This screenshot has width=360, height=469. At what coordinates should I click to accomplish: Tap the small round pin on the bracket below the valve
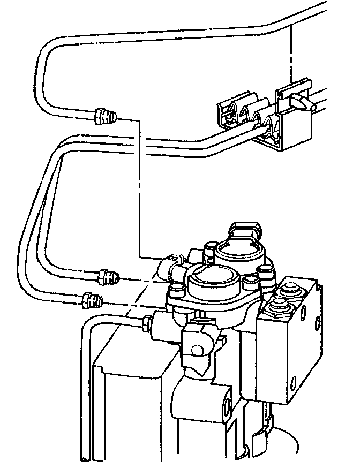pyautogui.click(x=198, y=351)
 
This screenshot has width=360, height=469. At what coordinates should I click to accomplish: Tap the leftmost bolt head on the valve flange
pyautogui.click(x=174, y=291)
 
